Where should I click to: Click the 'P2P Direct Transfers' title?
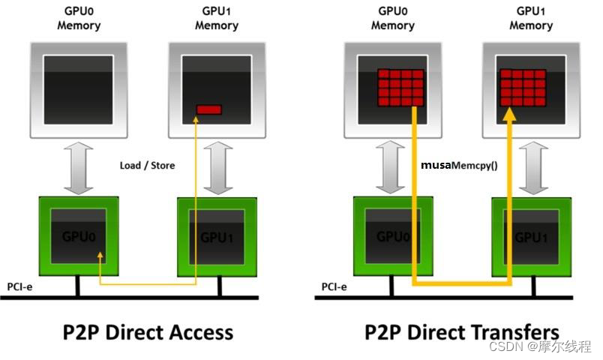(462, 331)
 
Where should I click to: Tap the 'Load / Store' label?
(147, 165)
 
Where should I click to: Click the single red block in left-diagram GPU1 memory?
(209, 109)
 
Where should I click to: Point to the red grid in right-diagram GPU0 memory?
(400, 87)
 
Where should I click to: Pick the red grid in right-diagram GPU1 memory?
(522, 87)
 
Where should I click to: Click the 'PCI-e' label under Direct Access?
(20, 286)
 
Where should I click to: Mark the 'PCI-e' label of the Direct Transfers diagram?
(334, 286)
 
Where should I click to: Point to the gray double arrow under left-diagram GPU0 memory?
(77, 168)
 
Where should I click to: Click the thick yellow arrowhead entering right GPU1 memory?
(510, 114)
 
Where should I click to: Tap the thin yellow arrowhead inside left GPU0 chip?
(100, 257)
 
